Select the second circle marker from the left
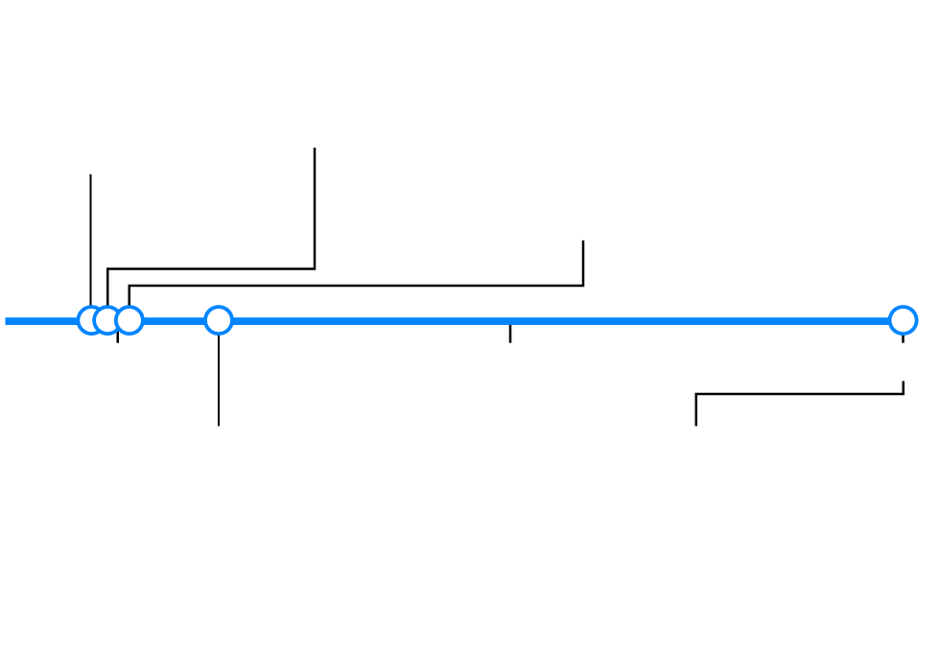pos(107,320)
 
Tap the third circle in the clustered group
pos(129,320)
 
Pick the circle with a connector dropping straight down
pos(219,320)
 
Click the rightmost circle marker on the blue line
pos(903,320)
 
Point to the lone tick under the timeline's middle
pos(510,334)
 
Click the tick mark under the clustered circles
pos(118,335)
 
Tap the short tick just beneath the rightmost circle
pos(903,338)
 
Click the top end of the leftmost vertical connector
pos(90,175)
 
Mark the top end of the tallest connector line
pos(315,149)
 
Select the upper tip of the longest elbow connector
pos(583,242)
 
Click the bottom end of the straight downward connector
pos(219,425)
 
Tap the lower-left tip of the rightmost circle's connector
pos(696,425)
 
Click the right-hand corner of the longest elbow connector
pos(583,286)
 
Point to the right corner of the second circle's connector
pos(315,268)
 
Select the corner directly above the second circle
pos(107,268)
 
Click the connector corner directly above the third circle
pos(129,286)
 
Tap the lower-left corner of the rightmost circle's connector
pos(696,394)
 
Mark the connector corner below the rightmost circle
pos(903,394)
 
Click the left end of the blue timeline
pos(7,321)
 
